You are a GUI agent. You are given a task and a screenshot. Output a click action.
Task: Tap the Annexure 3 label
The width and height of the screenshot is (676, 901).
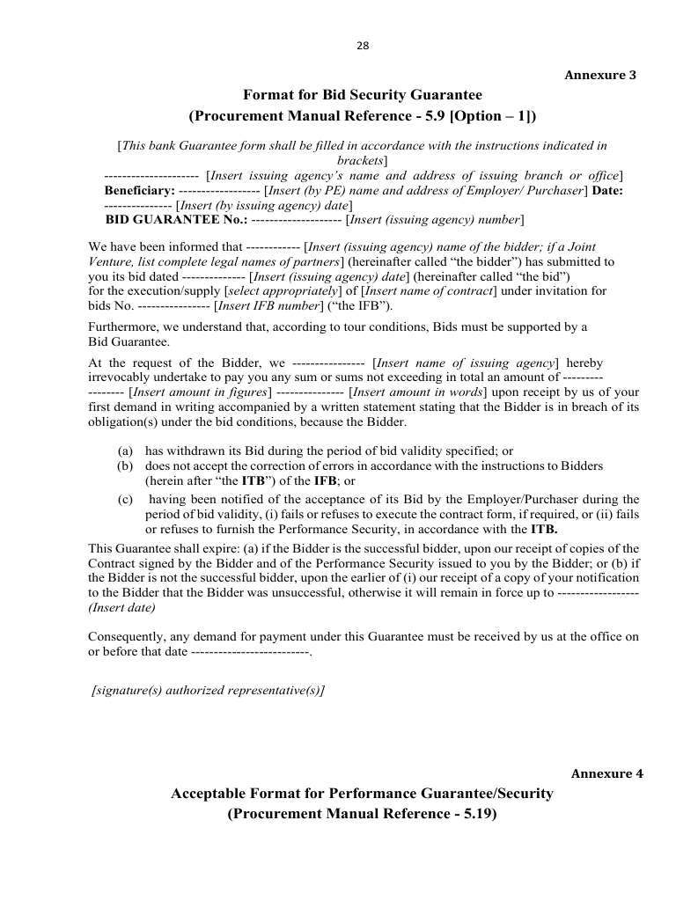(x=599, y=75)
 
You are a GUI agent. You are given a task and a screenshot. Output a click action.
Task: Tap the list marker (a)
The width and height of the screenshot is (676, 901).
(x=126, y=450)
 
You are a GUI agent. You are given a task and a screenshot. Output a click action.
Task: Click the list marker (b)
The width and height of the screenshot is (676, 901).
(x=126, y=465)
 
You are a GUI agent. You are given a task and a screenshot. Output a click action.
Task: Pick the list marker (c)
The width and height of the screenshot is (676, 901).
(x=126, y=499)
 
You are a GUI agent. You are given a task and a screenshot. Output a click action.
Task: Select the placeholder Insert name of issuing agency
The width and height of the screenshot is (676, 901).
(x=466, y=363)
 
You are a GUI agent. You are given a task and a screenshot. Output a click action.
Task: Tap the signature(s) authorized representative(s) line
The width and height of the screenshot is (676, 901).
(x=209, y=691)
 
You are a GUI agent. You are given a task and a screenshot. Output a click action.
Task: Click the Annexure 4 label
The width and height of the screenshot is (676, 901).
(x=606, y=773)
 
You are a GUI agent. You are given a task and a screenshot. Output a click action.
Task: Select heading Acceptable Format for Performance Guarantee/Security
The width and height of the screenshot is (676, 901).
(x=362, y=794)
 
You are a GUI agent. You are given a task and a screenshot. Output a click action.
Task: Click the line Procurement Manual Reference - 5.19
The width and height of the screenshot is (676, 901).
(x=362, y=814)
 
